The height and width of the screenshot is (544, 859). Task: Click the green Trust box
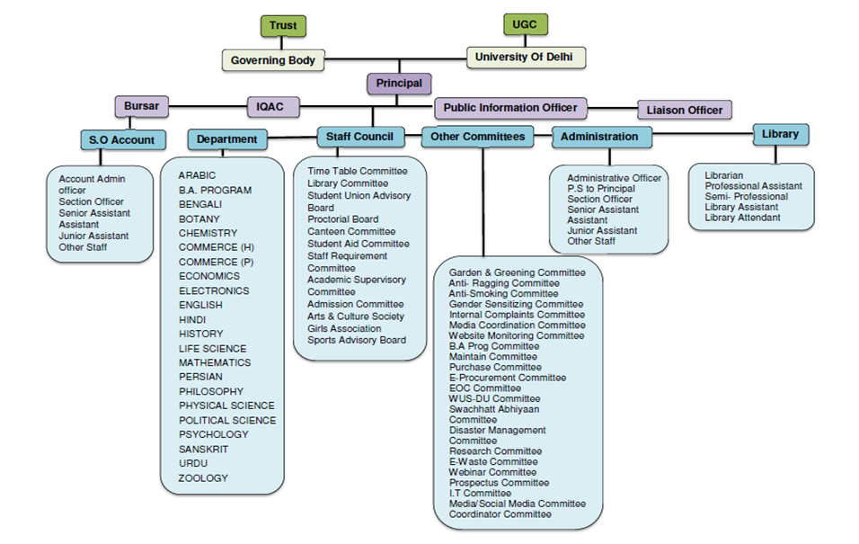tap(283, 26)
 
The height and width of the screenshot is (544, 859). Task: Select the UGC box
tap(525, 24)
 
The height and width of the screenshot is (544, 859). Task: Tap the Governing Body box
tap(273, 60)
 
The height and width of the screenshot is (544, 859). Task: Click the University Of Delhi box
tap(526, 57)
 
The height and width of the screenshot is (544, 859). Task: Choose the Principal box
tap(399, 84)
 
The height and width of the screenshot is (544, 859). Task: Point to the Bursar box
tap(141, 106)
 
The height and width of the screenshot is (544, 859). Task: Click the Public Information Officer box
tap(510, 108)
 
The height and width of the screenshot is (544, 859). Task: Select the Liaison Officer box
tap(685, 111)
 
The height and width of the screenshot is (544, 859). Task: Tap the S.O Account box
tap(123, 140)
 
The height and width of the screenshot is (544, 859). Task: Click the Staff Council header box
tap(360, 137)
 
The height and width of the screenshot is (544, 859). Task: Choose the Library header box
tap(781, 134)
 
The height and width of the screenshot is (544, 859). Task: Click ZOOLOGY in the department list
tap(203, 478)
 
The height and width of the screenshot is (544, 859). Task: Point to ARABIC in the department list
tap(197, 175)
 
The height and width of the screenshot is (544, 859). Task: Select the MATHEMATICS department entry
tap(214, 363)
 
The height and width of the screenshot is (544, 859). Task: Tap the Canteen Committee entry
tap(351, 232)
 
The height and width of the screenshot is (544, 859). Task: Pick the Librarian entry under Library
tap(723, 175)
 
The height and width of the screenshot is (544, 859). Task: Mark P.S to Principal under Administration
tap(601, 189)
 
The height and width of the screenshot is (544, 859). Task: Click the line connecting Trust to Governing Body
tap(282, 43)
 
